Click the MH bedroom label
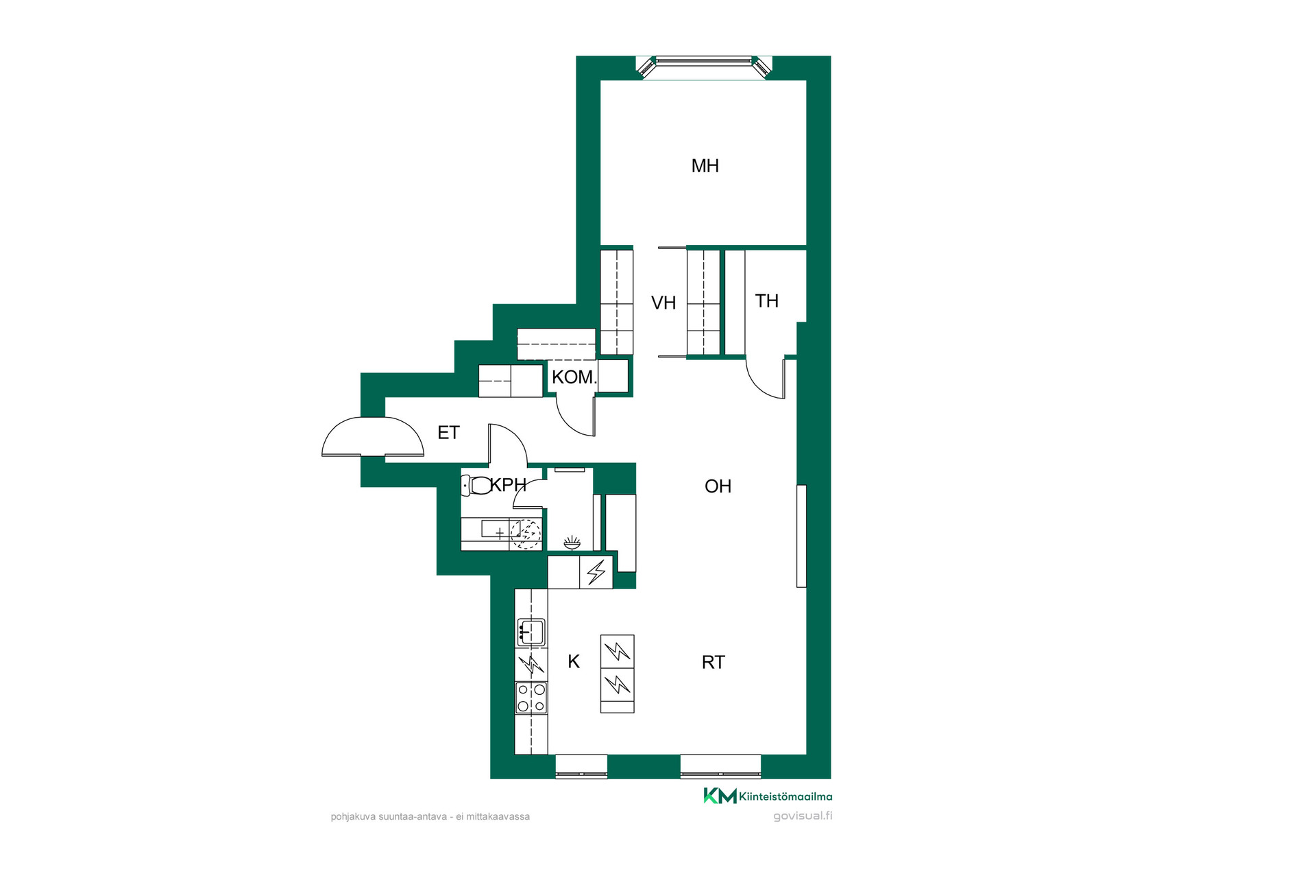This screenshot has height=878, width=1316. pos(705,165)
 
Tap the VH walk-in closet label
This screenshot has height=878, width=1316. pos(663,302)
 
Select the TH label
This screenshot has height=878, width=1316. pos(767,300)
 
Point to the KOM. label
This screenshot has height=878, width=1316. pos(574,377)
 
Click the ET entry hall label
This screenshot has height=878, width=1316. pos(448,432)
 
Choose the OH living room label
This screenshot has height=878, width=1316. pos(718,486)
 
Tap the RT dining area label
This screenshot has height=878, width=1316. pos(714,662)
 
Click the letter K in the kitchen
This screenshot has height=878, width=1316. pos(574,661)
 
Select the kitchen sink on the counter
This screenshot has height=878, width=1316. pos(531,631)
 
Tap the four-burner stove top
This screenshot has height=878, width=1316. pos(531,698)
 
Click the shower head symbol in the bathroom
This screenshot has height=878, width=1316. pos(572,543)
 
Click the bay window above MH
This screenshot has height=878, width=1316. pos(704,68)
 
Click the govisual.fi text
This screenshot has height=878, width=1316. pos(803,816)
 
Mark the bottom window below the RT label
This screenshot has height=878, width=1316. pos(720,766)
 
